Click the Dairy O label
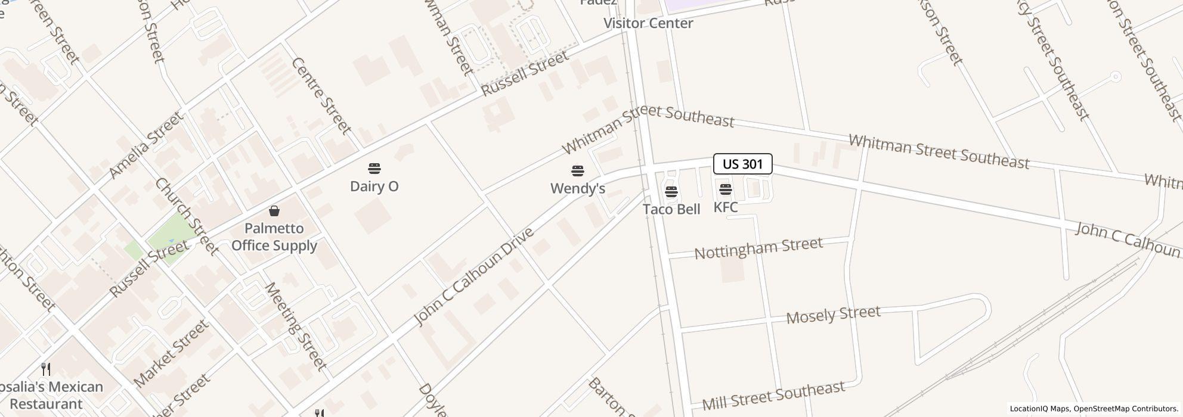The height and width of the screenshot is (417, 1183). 374,186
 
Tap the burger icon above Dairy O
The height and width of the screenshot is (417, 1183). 374,169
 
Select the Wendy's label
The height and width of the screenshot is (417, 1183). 577,188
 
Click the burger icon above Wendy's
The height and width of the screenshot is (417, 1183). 577,171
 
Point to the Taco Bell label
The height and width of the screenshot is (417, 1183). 671,209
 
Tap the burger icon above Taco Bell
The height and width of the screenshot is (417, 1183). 671,192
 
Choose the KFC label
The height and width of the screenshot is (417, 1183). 725,207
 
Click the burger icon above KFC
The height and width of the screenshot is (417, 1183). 726,189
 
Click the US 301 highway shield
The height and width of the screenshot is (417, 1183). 742,164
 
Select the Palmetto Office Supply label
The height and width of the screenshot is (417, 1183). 274,236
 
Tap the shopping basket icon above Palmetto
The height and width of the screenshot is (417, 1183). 274,211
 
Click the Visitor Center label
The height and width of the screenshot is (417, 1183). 648,23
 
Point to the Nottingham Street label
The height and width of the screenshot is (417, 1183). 758,247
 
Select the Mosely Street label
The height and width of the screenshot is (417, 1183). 833,315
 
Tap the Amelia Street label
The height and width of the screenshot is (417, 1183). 146,145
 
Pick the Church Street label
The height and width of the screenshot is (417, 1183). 186,216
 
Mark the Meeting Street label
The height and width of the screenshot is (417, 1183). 295,326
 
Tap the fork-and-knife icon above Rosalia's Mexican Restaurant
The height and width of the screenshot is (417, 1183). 45,369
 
